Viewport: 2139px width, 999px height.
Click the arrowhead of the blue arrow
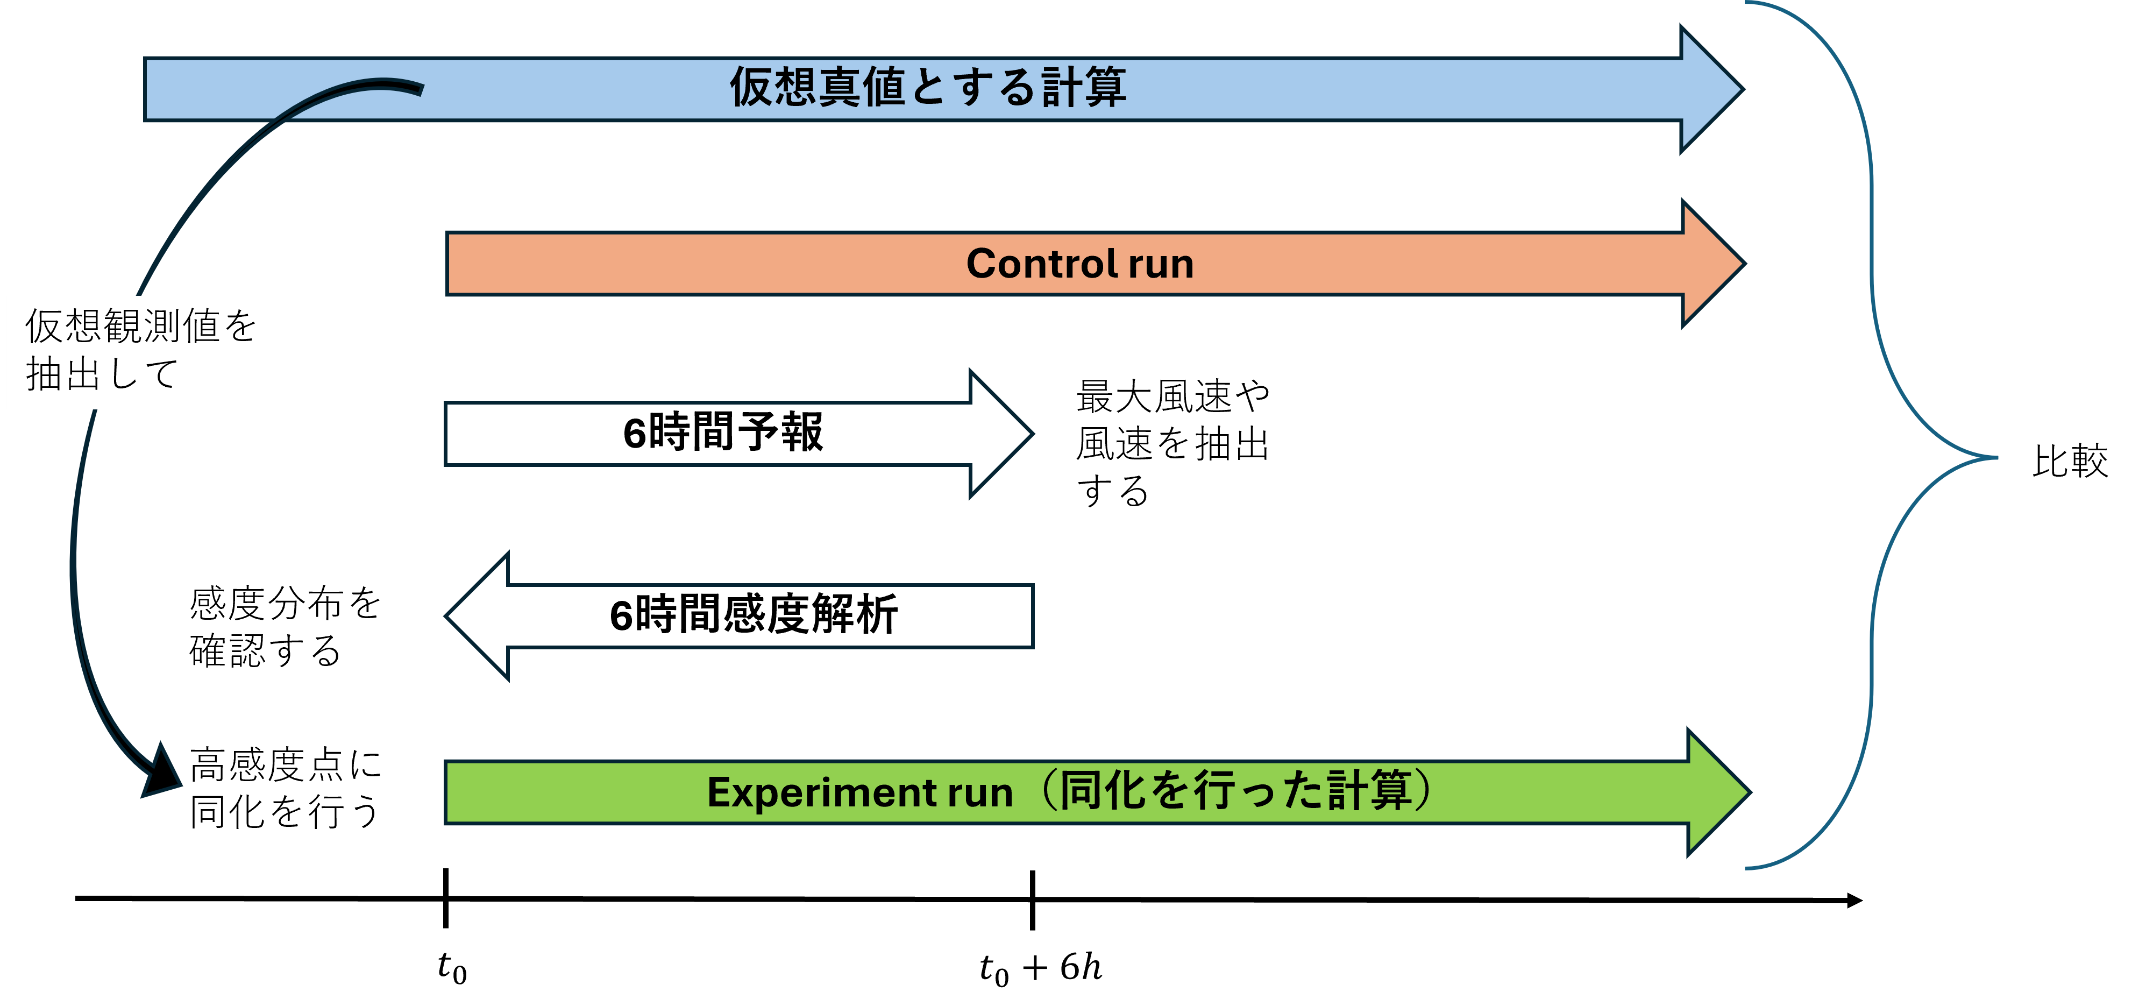click(1710, 89)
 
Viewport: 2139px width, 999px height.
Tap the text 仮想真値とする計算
click(927, 87)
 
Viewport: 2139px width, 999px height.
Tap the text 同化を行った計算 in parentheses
click(1237, 791)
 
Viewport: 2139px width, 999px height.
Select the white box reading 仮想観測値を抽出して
click(145, 352)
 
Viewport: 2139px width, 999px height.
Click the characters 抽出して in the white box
click(102, 374)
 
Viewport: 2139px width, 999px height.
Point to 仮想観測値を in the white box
click(141, 325)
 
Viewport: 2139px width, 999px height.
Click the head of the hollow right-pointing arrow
click(1000, 434)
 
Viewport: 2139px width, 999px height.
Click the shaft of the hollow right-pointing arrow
click(706, 434)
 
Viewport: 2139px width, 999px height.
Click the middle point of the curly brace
click(1993, 457)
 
